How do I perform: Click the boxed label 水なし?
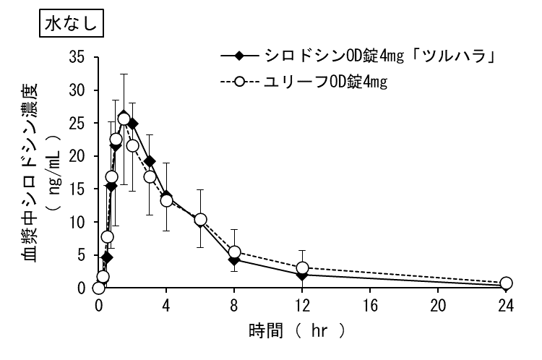(72, 23)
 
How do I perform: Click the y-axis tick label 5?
(82, 255)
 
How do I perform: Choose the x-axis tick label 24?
(506, 304)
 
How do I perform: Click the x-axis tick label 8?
(234, 304)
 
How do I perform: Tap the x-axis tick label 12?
(302, 304)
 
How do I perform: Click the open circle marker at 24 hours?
(506, 283)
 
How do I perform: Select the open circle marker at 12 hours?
(303, 268)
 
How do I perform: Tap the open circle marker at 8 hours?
(234, 252)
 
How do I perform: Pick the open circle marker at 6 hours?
(201, 220)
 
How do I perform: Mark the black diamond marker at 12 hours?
(303, 275)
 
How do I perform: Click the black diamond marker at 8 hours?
(234, 259)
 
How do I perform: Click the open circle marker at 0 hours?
(99, 288)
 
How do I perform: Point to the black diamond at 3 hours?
(150, 161)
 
